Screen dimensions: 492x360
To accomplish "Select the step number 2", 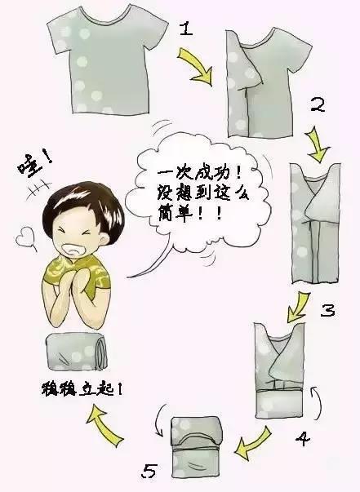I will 318,105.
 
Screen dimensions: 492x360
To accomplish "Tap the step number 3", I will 326,311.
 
